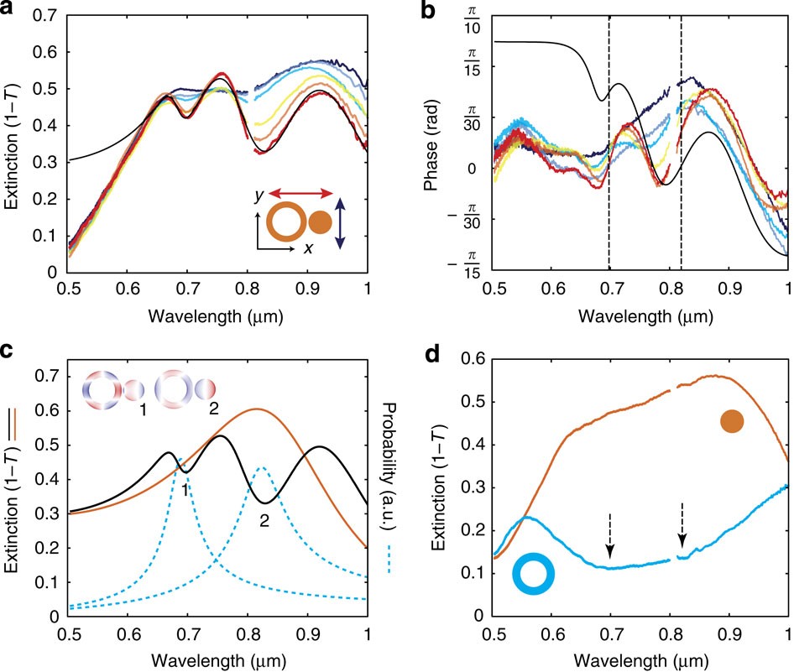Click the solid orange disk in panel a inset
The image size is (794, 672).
(320, 223)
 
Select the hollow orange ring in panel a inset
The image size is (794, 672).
(285, 223)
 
